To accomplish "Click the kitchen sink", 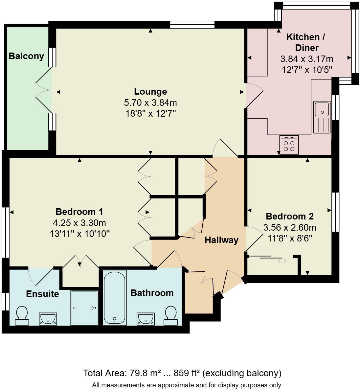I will click(x=322, y=117).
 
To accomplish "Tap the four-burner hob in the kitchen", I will click(x=289, y=145).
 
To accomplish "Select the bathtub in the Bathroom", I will click(x=114, y=297).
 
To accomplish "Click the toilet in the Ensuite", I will click(x=22, y=316).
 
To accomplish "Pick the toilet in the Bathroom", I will click(x=171, y=316).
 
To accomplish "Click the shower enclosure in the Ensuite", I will click(x=84, y=308).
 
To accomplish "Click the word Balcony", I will click(x=26, y=56).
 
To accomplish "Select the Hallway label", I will click(x=221, y=240).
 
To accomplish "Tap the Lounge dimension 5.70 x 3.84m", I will click(x=150, y=103).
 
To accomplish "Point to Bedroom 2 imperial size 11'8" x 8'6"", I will click(x=290, y=238).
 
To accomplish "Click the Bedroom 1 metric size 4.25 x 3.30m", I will click(x=79, y=223).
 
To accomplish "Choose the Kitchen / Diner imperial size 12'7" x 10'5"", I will click(x=307, y=70).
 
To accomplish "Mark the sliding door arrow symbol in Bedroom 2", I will click(x=282, y=261).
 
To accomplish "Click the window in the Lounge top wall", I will click(x=192, y=25).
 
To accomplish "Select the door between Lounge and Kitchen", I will click(x=254, y=95).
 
